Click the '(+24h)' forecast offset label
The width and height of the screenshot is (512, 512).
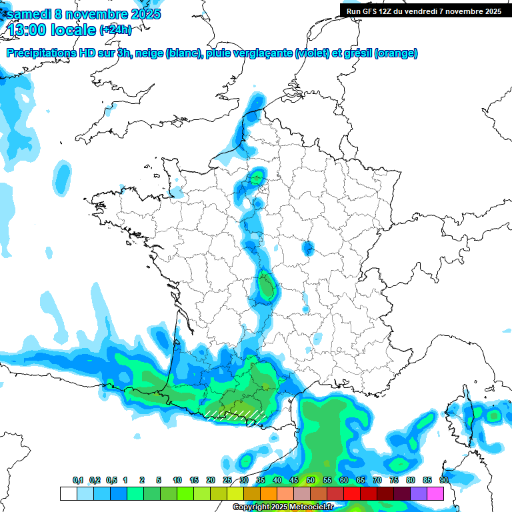[x=115, y=30]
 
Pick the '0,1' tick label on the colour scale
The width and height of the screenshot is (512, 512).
[x=77, y=481]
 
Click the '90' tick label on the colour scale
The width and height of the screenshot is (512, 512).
[x=443, y=481]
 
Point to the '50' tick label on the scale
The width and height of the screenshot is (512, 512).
[x=311, y=481]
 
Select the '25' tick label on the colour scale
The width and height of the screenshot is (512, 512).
[x=227, y=481]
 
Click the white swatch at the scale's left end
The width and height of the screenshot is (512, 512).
[x=68, y=493]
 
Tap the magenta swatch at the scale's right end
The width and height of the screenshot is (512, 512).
[x=435, y=493]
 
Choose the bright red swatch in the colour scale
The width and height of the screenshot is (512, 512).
[x=351, y=493]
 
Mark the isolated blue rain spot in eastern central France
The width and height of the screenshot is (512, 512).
[x=307, y=249]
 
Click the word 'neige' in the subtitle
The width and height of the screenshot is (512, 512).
[x=149, y=53]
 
